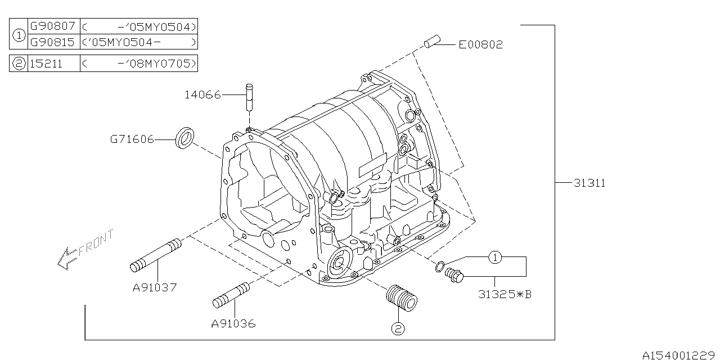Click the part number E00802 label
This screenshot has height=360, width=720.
click(480, 44)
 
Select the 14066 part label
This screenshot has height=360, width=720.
click(202, 95)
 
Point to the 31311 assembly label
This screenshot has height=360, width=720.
click(589, 183)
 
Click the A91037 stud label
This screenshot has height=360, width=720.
click(155, 287)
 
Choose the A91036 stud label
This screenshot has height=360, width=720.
click(233, 323)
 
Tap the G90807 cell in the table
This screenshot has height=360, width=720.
click(52, 26)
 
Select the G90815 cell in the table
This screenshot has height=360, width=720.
click(52, 42)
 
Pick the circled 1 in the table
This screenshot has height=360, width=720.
click(19, 34)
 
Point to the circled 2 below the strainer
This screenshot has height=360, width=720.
click(398, 329)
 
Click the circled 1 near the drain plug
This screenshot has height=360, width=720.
click(494, 258)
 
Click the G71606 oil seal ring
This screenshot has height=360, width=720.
click(185, 138)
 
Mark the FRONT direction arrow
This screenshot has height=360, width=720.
click(84, 249)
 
